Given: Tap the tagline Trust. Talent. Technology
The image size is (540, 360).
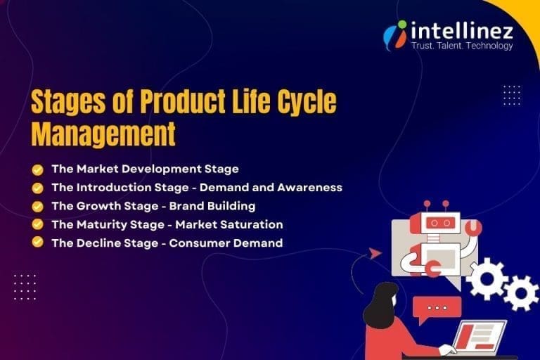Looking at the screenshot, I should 461,46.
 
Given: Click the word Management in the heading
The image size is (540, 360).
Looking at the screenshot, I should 103,134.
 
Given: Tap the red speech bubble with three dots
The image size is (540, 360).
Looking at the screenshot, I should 437,308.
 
